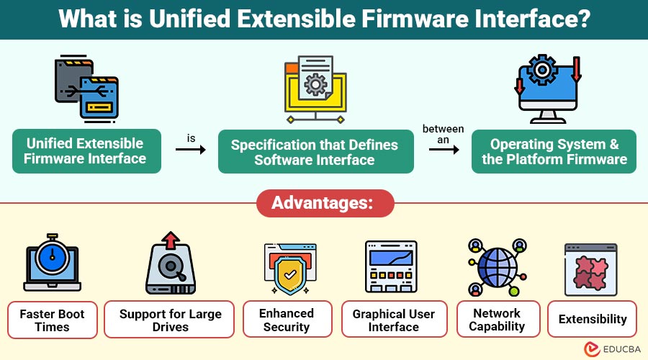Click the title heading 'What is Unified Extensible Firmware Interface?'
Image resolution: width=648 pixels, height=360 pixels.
tap(324, 19)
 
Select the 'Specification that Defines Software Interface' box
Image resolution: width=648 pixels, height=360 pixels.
tap(315, 152)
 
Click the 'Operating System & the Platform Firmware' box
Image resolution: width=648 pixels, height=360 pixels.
tap(554, 151)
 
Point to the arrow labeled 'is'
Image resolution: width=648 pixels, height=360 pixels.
tap(190, 150)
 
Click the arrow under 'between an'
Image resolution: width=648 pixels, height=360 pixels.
tap(444, 150)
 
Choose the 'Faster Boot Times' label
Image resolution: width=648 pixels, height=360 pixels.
tap(52, 320)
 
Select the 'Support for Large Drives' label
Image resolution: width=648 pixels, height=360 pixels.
tap(170, 320)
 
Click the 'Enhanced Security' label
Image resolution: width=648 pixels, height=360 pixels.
tap(287, 320)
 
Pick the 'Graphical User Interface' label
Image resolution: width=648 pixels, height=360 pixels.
tap(394, 320)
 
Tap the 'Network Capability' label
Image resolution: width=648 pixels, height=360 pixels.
tap(496, 320)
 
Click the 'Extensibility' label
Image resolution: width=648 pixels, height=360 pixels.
tap(592, 319)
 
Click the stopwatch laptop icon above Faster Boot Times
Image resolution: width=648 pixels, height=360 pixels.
tap(51, 262)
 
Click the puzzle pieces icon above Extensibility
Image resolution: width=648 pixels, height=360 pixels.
tap(592, 268)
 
